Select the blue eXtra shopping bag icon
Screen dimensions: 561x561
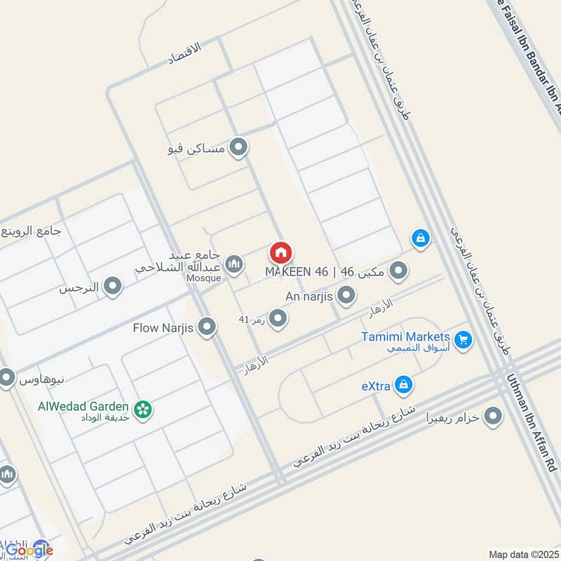point(403,384)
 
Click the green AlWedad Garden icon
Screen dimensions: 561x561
point(143,409)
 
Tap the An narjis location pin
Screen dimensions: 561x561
point(346,296)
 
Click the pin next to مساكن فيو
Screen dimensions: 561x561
point(239,148)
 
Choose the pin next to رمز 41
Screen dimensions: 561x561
point(278,319)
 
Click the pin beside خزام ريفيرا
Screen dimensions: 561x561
point(494,417)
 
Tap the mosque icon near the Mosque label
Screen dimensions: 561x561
point(234,264)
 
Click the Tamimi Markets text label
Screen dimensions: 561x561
point(405,337)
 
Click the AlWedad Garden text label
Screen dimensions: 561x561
point(83,407)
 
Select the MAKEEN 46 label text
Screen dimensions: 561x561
point(297,271)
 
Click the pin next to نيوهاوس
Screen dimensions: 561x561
point(7,379)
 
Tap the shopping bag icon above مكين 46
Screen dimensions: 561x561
point(420,239)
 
